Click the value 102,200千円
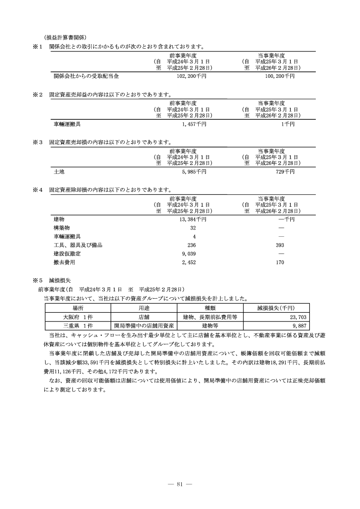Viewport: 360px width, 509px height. [191, 76]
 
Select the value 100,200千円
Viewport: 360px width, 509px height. [280, 76]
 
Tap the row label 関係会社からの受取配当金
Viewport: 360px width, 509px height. [86, 76]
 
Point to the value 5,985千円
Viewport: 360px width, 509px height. [194, 172]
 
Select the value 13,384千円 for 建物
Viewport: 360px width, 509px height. [192, 219]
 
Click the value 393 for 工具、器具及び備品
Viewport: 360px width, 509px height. [281, 245]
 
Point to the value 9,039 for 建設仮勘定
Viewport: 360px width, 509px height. [189, 254]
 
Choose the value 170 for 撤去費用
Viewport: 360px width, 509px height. [280, 263]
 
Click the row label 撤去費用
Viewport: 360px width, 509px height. [64, 263]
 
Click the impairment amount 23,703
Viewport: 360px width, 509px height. [299, 317]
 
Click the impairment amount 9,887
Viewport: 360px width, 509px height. [301, 326]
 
